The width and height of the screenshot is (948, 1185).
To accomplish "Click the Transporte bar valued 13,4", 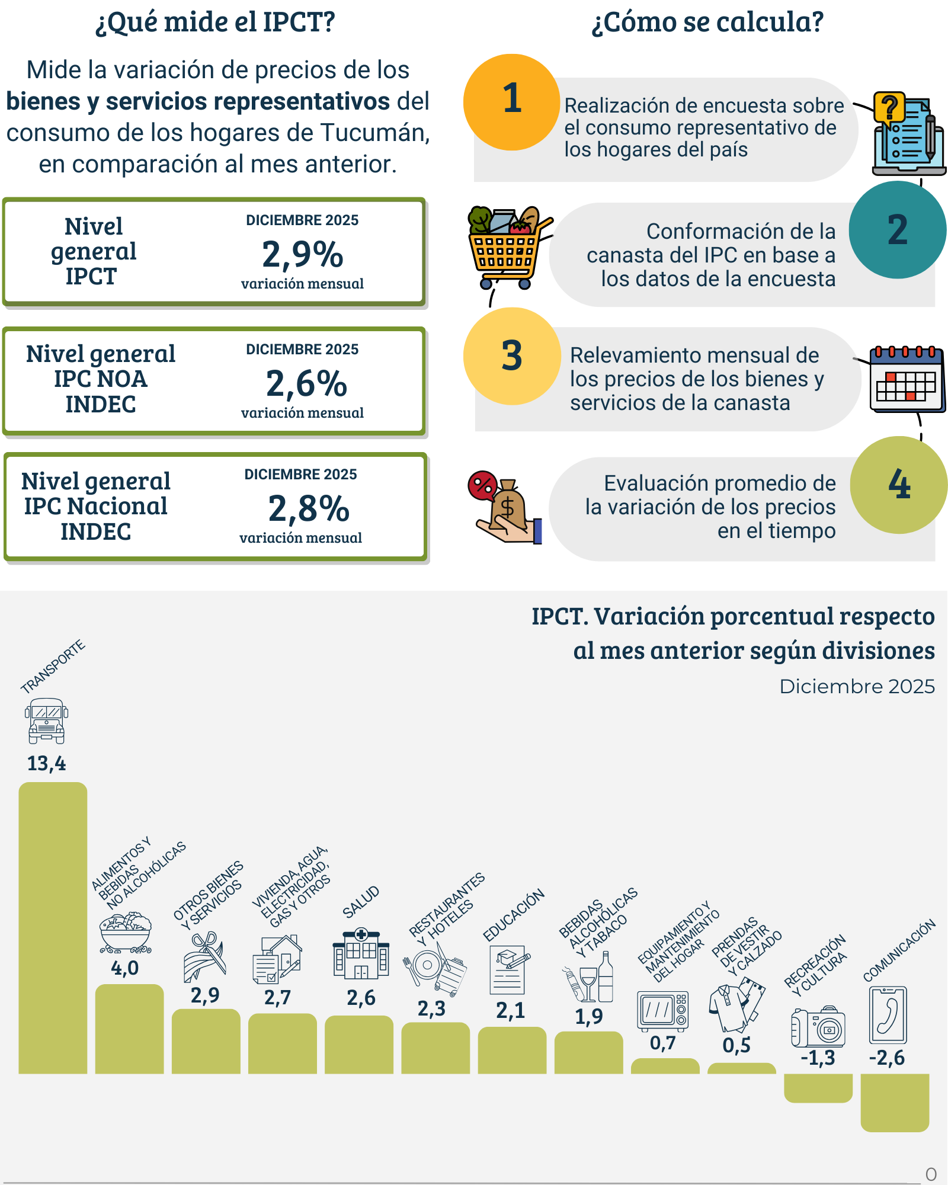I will [x=53, y=927].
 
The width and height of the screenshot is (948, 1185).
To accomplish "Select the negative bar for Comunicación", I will [x=895, y=1102].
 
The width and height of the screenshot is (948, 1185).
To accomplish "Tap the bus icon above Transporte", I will [x=47, y=721].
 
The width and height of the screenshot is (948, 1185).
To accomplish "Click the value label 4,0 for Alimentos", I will [x=125, y=968].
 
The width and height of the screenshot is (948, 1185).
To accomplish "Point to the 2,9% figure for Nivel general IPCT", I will [x=302, y=254].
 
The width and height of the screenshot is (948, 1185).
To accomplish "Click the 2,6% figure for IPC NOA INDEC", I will [x=306, y=383].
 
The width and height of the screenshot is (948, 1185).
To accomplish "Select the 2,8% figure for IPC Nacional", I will [x=308, y=508].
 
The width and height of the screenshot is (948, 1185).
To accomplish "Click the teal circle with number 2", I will [x=897, y=230].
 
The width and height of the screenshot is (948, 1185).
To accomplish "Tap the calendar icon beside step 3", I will [x=907, y=379].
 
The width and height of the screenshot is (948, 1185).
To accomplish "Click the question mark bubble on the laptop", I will [x=889, y=108].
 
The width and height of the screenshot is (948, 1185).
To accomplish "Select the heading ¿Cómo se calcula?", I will [x=707, y=22].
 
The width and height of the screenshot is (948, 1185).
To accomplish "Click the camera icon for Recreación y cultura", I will [x=818, y=1027].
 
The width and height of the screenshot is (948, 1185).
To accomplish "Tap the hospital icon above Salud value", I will [x=361, y=953].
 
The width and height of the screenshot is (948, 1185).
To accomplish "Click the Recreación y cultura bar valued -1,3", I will [x=818, y=1088].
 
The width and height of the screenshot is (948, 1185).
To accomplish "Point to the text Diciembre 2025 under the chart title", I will [x=857, y=686].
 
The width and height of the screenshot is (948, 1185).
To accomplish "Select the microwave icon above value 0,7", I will [x=663, y=1011].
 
